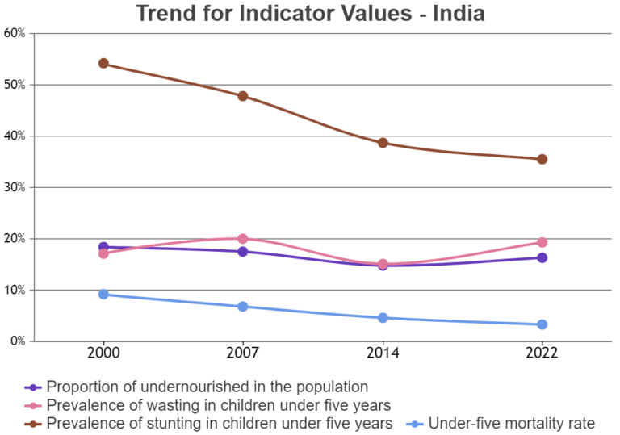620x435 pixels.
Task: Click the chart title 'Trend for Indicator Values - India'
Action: (310, 14)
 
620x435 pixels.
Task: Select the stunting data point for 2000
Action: (103, 64)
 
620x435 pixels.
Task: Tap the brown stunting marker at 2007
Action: (242, 96)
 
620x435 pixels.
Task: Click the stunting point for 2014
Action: (383, 143)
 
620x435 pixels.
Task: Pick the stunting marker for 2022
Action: (542, 159)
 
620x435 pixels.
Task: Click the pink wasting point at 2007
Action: (242, 239)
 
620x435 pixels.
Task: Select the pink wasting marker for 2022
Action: (542, 242)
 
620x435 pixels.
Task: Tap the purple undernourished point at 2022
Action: (542, 258)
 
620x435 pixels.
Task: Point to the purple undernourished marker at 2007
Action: (242, 252)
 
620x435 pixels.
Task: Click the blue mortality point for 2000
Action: (103, 295)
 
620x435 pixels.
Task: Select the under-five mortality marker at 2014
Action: (383, 318)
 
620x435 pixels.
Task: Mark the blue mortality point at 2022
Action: (542, 324)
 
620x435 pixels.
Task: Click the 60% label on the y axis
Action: (15, 33)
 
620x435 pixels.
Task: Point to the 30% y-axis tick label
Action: (15, 187)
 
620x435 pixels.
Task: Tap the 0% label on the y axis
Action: (18, 341)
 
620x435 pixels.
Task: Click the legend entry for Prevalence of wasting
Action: (218, 405)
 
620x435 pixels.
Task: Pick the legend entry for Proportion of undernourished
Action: (207, 387)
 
